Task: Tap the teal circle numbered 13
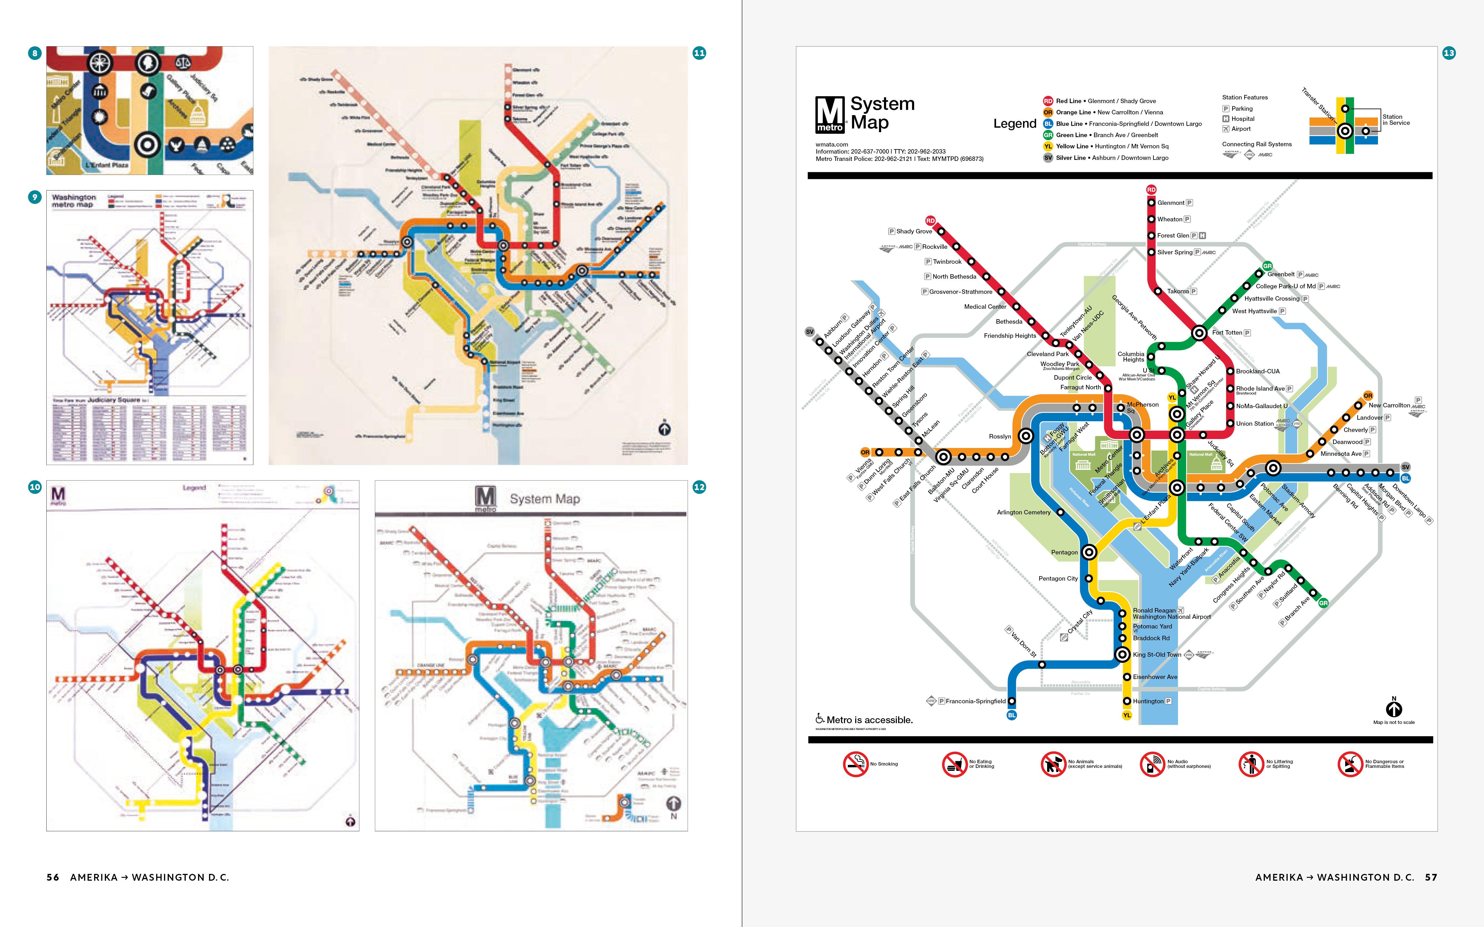click(x=1448, y=53)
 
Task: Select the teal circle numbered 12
click(x=699, y=487)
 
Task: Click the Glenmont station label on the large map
click(x=1171, y=203)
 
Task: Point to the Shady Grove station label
click(x=914, y=232)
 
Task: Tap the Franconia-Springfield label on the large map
click(x=975, y=701)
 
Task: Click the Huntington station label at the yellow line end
click(x=1148, y=701)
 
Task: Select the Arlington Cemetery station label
click(x=1024, y=513)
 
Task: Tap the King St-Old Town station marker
click(x=1122, y=655)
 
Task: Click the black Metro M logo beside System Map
click(x=830, y=115)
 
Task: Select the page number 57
click(x=1431, y=877)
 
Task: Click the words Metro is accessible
click(x=869, y=720)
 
